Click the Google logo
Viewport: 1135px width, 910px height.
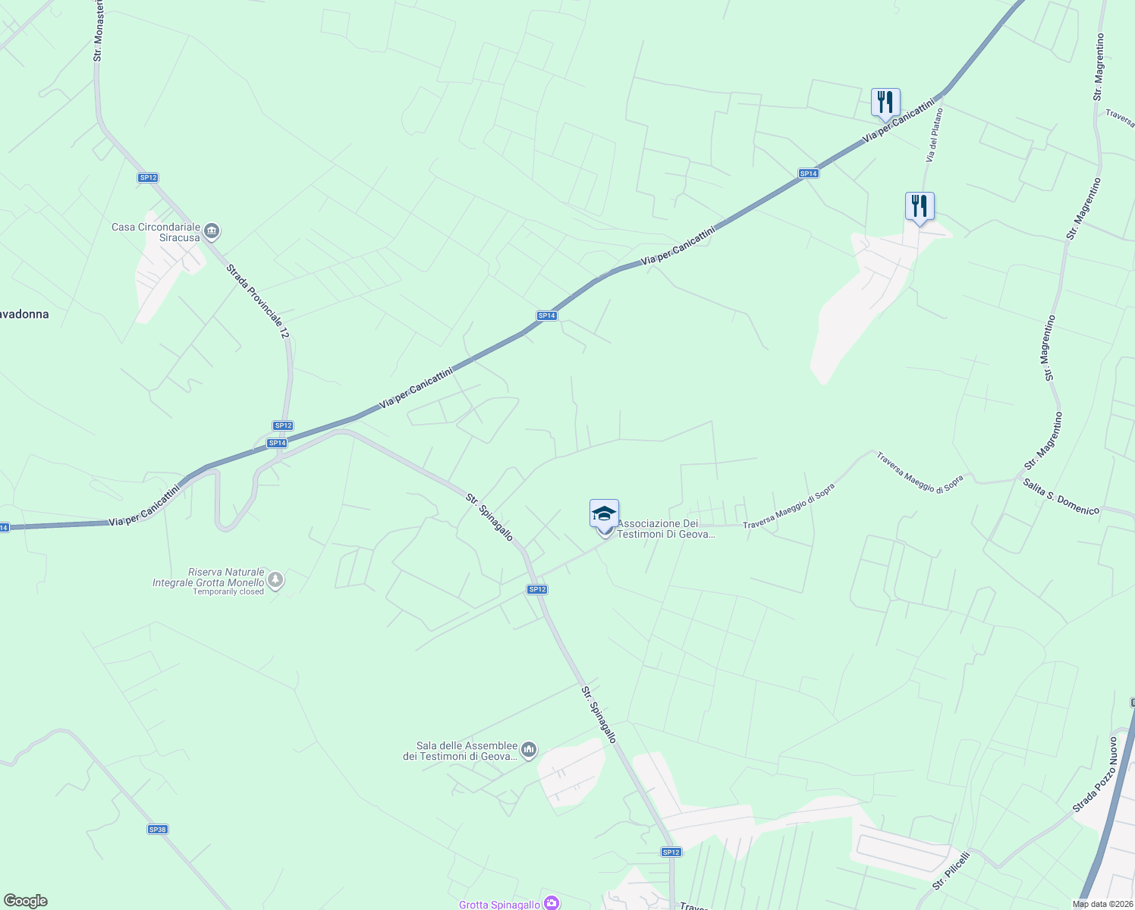point(25,901)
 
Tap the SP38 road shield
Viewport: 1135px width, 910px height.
point(157,830)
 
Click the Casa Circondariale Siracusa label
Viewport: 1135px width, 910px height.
point(156,232)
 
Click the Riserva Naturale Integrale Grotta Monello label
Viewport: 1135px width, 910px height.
point(209,577)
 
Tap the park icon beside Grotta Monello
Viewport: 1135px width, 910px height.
point(275,581)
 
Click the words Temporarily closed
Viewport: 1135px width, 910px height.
point(228,591)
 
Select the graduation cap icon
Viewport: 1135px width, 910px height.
point(604,513)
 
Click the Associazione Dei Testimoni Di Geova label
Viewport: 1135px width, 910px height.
point(666,529)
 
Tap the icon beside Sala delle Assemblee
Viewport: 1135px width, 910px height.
point(529,751)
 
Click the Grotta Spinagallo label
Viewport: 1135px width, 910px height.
point(499,904)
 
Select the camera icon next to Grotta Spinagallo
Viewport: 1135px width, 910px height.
point(552,903)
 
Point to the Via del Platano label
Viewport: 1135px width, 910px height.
point(934,135)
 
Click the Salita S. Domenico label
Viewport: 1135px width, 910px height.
point(1061,497)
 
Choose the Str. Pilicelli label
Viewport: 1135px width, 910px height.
point(951,871)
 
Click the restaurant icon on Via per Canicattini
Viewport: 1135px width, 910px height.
point(885,102)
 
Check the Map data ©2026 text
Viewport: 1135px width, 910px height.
point(1102,904)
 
